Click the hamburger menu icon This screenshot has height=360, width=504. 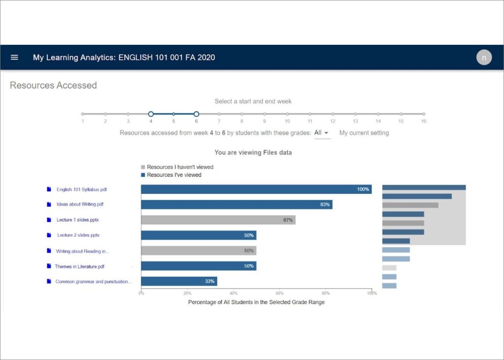click(x=14, y=58)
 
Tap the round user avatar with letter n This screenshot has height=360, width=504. click(x=484, y=58)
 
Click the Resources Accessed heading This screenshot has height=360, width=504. click(x=53, y=85)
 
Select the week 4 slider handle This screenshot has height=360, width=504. click(x=151, y=114)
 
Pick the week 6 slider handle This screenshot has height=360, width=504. click(x=196, y=114)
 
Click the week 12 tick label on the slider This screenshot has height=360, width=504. click(x=333, y=121)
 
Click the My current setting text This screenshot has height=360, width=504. click(x=364, y=133)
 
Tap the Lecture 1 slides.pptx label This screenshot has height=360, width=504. click(x=81, y=220)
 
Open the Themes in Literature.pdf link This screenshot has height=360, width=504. click(x=79, y=266)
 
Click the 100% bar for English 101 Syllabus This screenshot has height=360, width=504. click(x=256, y=189)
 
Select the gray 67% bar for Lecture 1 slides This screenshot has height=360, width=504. click(x=218, y=220)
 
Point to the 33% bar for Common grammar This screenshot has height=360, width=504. click(x=179, y=282)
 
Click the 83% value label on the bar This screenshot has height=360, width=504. click(x=325, y=204)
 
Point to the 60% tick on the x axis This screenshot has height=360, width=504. click(x=280, y=294)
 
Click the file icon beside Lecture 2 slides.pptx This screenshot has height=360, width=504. click(x=49, y=235)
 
